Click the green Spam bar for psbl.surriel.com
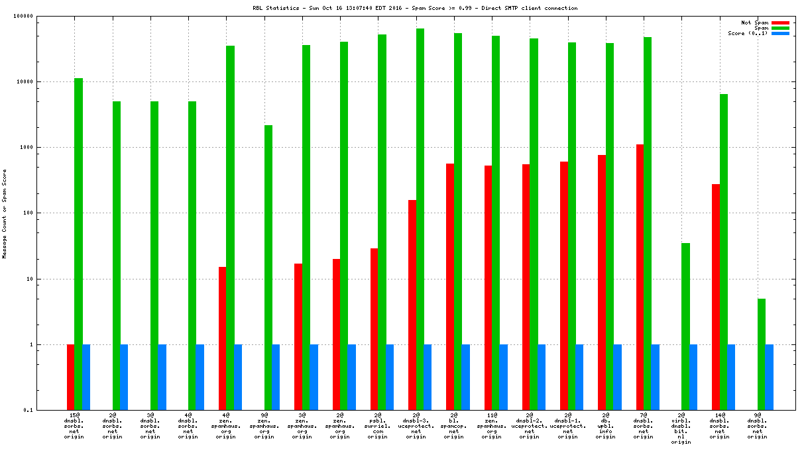pos(382,222)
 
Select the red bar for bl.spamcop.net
pos(450,287)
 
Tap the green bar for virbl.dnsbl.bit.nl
pos(685,327)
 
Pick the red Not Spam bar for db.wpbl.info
pos(602,283)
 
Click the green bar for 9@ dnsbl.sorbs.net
pos(762,354)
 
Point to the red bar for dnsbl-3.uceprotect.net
pos(412,305)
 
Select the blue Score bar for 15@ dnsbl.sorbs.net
pos(86,377)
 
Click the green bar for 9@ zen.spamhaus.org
pos(268,268)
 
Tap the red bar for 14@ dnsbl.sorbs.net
pos(716,297)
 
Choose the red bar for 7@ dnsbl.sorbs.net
pos(640,277)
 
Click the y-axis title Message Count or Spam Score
pos(5,213)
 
